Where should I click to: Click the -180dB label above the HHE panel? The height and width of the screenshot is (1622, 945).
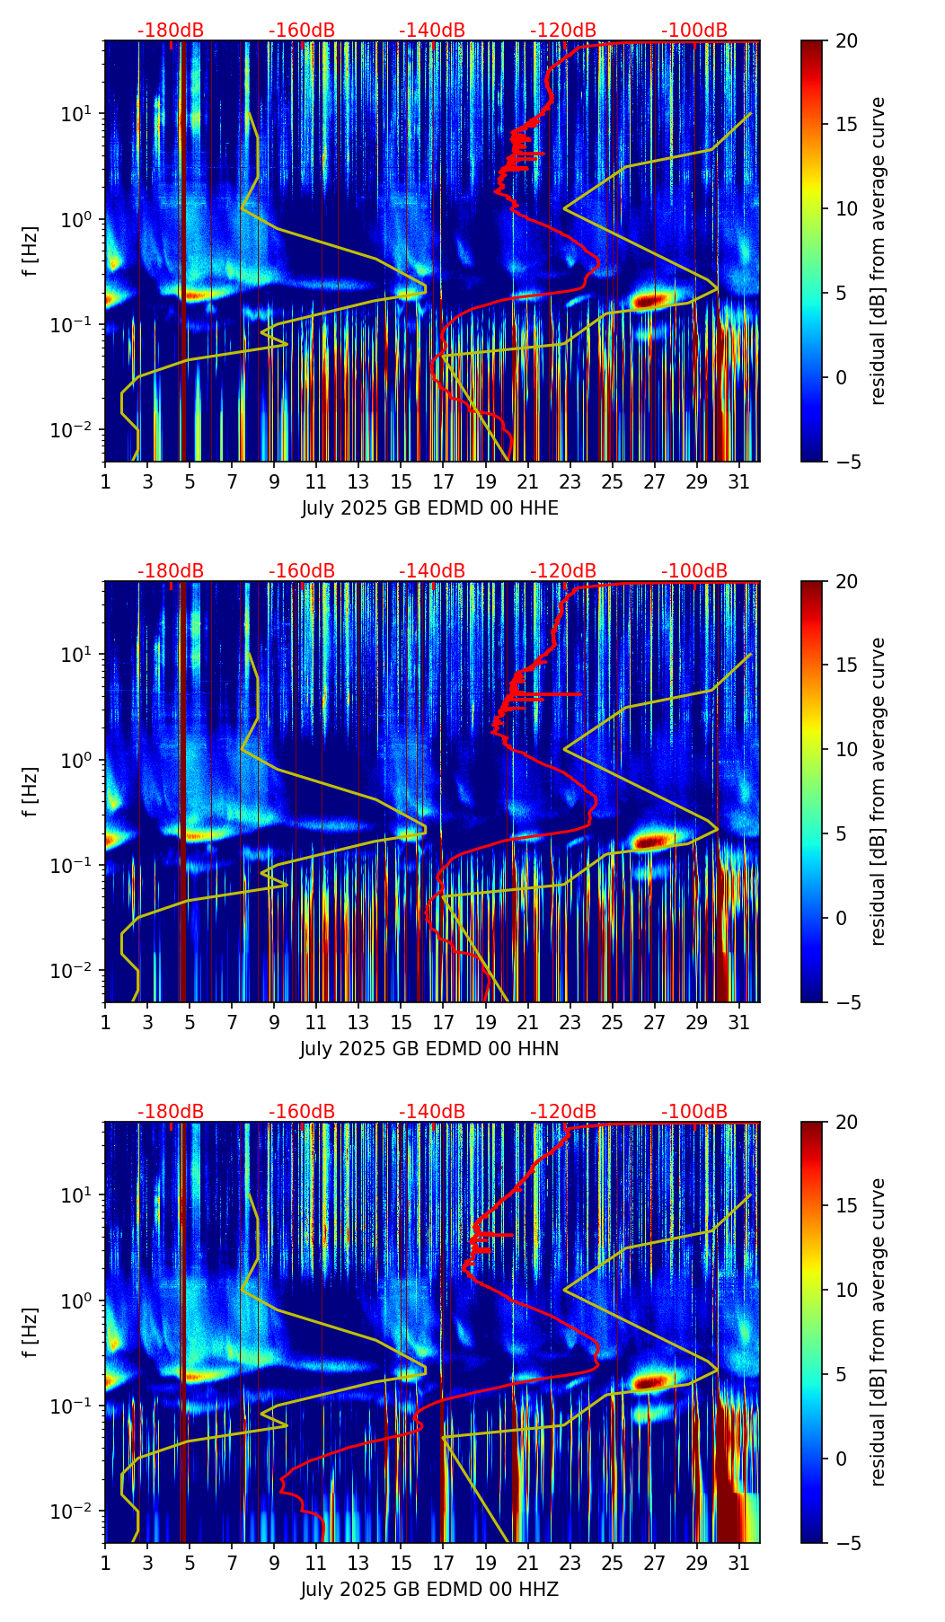pos(171,31)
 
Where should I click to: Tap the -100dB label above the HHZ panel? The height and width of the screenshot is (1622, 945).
pos(694,1112)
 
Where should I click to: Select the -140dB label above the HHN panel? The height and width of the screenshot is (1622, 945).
pos(432,571)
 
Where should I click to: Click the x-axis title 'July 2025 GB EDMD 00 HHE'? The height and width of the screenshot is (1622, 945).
pos(429,508)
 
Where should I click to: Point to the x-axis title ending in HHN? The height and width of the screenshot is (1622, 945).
pos(429,1049)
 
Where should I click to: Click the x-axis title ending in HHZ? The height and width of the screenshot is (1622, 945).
pos(429,1590)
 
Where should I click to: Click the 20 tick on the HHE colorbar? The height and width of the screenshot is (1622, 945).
pos(846,41)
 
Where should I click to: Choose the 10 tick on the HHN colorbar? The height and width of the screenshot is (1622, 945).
pos(846,749)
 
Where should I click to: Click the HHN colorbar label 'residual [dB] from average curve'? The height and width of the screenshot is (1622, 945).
pos(879,791)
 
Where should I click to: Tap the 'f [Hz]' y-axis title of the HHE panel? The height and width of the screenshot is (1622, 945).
pos(31,251)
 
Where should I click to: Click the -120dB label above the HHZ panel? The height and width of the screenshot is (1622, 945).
pos(563,1112)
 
